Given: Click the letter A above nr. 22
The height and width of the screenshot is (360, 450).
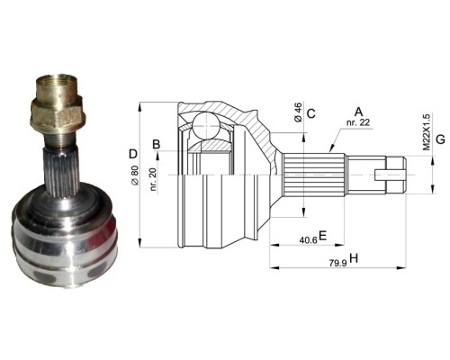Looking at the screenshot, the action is pos(358,112).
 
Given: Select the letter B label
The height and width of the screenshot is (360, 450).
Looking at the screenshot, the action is pos(157,145).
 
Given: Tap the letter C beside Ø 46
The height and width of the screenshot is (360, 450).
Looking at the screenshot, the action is pos(311,113).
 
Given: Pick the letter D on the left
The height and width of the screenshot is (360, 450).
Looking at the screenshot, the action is pos(133,154).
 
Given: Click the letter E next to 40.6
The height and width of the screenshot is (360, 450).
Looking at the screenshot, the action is pos(322,236).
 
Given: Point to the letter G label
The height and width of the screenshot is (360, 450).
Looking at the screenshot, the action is pos(440,139).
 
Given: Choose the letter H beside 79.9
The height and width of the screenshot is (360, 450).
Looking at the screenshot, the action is pos(354,258).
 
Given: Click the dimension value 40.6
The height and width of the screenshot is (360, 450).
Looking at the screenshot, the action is pos(309,240).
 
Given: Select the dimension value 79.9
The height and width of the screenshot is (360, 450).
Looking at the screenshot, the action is pos(338,264).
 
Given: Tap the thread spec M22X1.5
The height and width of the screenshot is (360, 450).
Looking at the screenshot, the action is pos(427,131).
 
